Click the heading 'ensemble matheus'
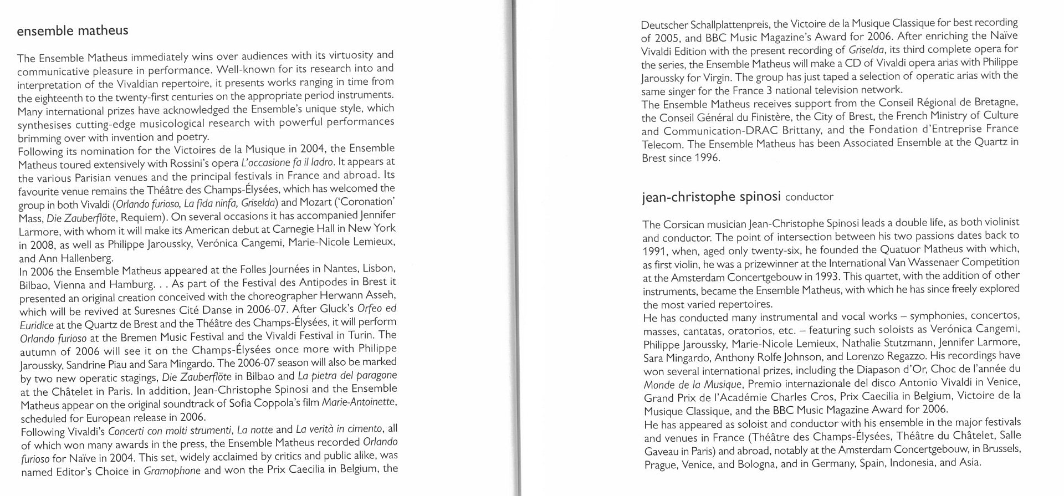click(x=73, y=30)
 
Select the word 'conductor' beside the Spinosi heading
click(x=809, y=197)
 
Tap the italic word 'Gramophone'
click(x=172, y=472)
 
